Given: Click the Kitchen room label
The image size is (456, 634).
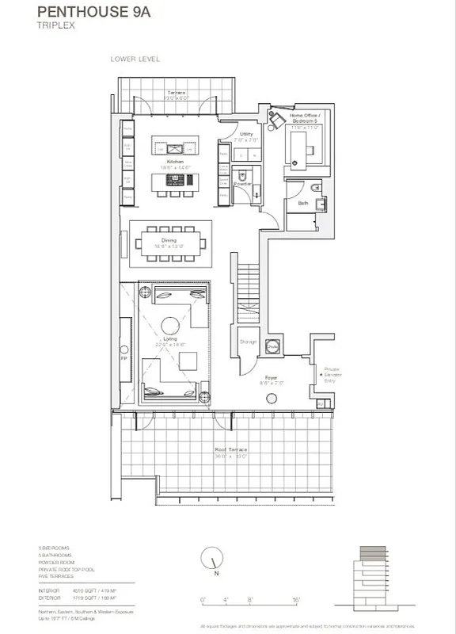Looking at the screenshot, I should coord(177,160).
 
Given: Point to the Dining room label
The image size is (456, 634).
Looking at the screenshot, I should coord(169,239).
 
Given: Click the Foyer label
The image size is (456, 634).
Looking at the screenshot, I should coord(271,377).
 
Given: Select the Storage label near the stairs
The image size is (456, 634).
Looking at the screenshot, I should coord(248,342).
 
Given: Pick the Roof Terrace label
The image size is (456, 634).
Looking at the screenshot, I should coord(231,450).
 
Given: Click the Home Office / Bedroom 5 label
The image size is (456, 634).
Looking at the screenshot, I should coord(303,118).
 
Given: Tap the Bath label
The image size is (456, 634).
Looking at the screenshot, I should coord(302,203).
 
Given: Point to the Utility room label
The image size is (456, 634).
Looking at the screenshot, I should coord(245,135).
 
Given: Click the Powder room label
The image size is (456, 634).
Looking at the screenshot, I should coord(242,183).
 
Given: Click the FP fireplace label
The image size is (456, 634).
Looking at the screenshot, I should coord(124,357).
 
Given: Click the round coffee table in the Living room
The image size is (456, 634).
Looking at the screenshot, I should coord(170,325).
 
